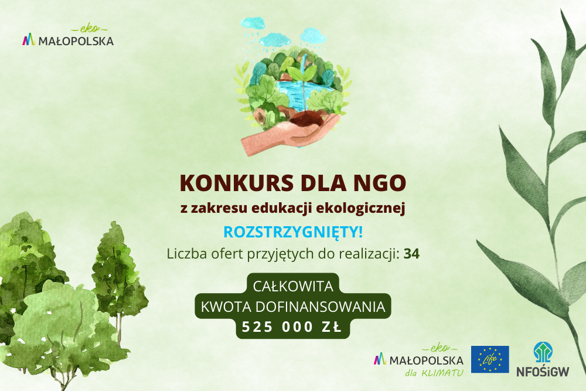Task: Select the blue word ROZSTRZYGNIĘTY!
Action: [293, 232]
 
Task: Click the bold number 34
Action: [411, 254]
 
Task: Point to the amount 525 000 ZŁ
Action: [292, 327]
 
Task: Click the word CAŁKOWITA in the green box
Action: [293, 286]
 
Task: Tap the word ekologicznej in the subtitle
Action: [360, 208]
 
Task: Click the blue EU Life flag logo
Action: [489, 359]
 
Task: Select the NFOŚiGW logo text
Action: [543, 371]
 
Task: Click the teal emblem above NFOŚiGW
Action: [543, 352]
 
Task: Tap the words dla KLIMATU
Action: [434, 373]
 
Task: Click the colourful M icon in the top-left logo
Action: [28, 40]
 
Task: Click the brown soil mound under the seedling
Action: [306, 119]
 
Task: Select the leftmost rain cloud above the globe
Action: [253, 23]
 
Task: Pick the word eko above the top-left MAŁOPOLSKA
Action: [90, 29]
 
